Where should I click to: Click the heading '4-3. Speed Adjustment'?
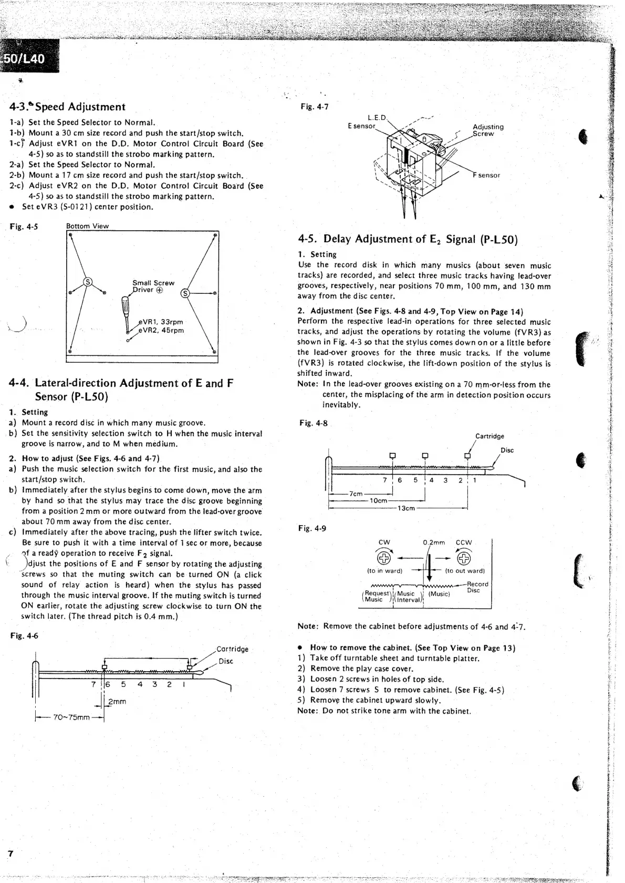tap(67, 107)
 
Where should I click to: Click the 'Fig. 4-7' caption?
tap(314, 107)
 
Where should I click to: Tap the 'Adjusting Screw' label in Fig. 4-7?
tap(487, 130)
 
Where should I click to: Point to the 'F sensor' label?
tap(487, 175)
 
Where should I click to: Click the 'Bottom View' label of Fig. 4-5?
tap(87, 226)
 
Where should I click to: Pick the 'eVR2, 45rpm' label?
tap(161, 331)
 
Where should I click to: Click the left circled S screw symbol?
tap(88, 282)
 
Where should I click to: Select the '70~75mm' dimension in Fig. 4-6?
tap(71, 717)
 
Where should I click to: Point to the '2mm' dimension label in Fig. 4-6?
tap(117, 701)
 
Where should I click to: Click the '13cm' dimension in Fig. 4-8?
tap(406, 508)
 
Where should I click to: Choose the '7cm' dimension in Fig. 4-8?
tap(356, 494)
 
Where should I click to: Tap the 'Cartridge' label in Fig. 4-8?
tap(489, 436)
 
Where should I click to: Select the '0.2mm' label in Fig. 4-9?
tap(434, 542)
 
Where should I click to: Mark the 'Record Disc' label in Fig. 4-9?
tap(477, 587)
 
